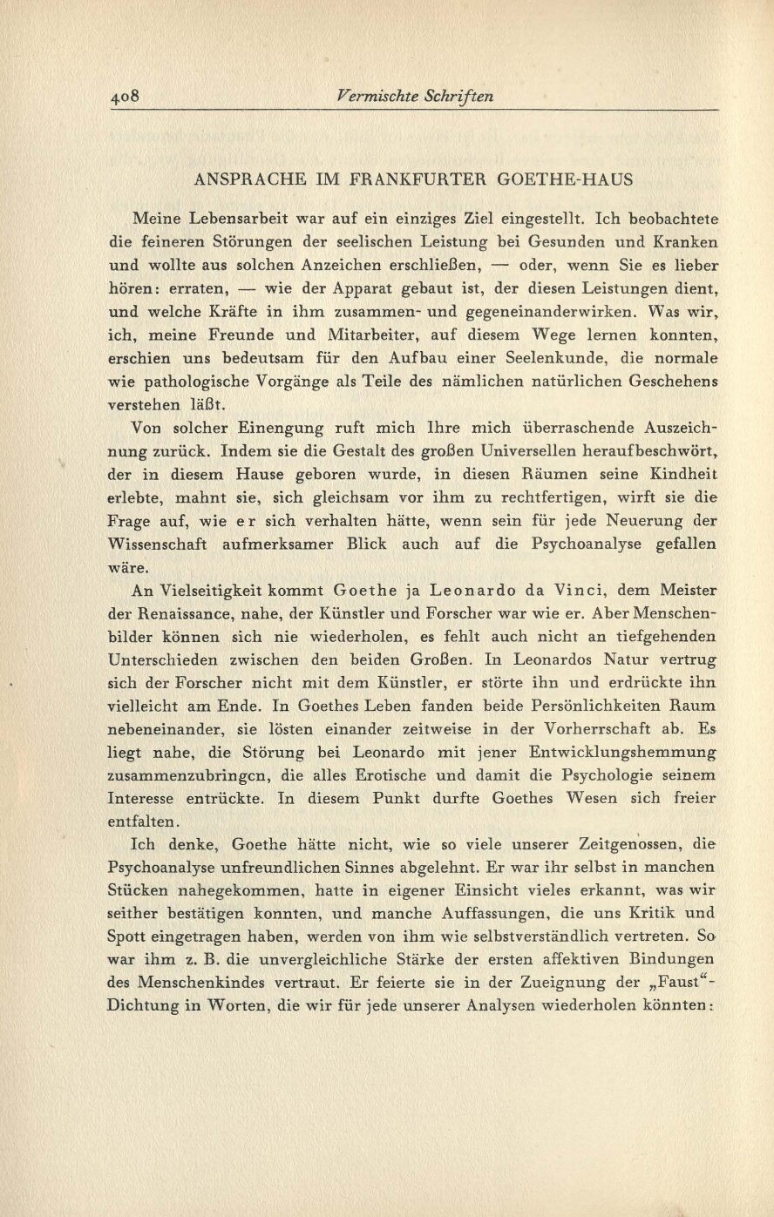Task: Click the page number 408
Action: tap(126, 97)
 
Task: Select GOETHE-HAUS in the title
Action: tap(565, 179)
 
